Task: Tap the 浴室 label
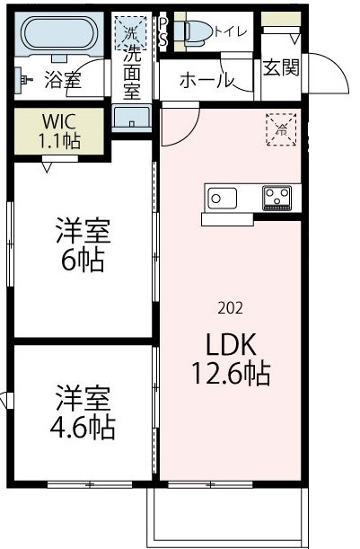(x=62, y=81)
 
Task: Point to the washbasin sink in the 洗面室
(x=132, y=118)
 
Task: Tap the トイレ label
(x=232, y=31)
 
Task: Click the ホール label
(x=206, y=81)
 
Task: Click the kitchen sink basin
(x=222, y=196)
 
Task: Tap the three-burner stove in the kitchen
(x=277, y=197)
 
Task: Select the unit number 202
(x=230, y=307)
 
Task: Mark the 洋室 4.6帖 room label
(x=83, y=412)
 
